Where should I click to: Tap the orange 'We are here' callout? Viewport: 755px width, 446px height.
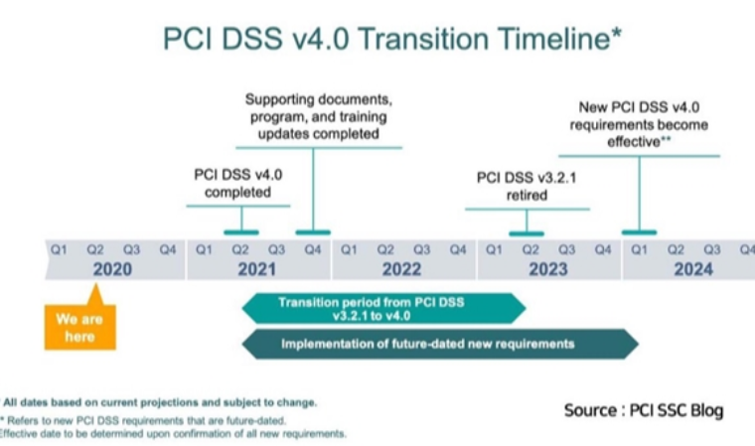[79, 328]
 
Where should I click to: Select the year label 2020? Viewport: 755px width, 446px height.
[113, 269]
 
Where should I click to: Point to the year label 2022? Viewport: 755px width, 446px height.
[403, 269]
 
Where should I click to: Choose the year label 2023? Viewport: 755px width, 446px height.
[548, 269]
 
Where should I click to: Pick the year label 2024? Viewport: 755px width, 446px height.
[693, 269]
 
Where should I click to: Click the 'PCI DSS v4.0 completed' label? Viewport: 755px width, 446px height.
[238, 183]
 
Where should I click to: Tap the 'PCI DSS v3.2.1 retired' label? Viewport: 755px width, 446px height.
[527, 187]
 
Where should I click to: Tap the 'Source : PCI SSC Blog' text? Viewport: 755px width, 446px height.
[644, 410]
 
